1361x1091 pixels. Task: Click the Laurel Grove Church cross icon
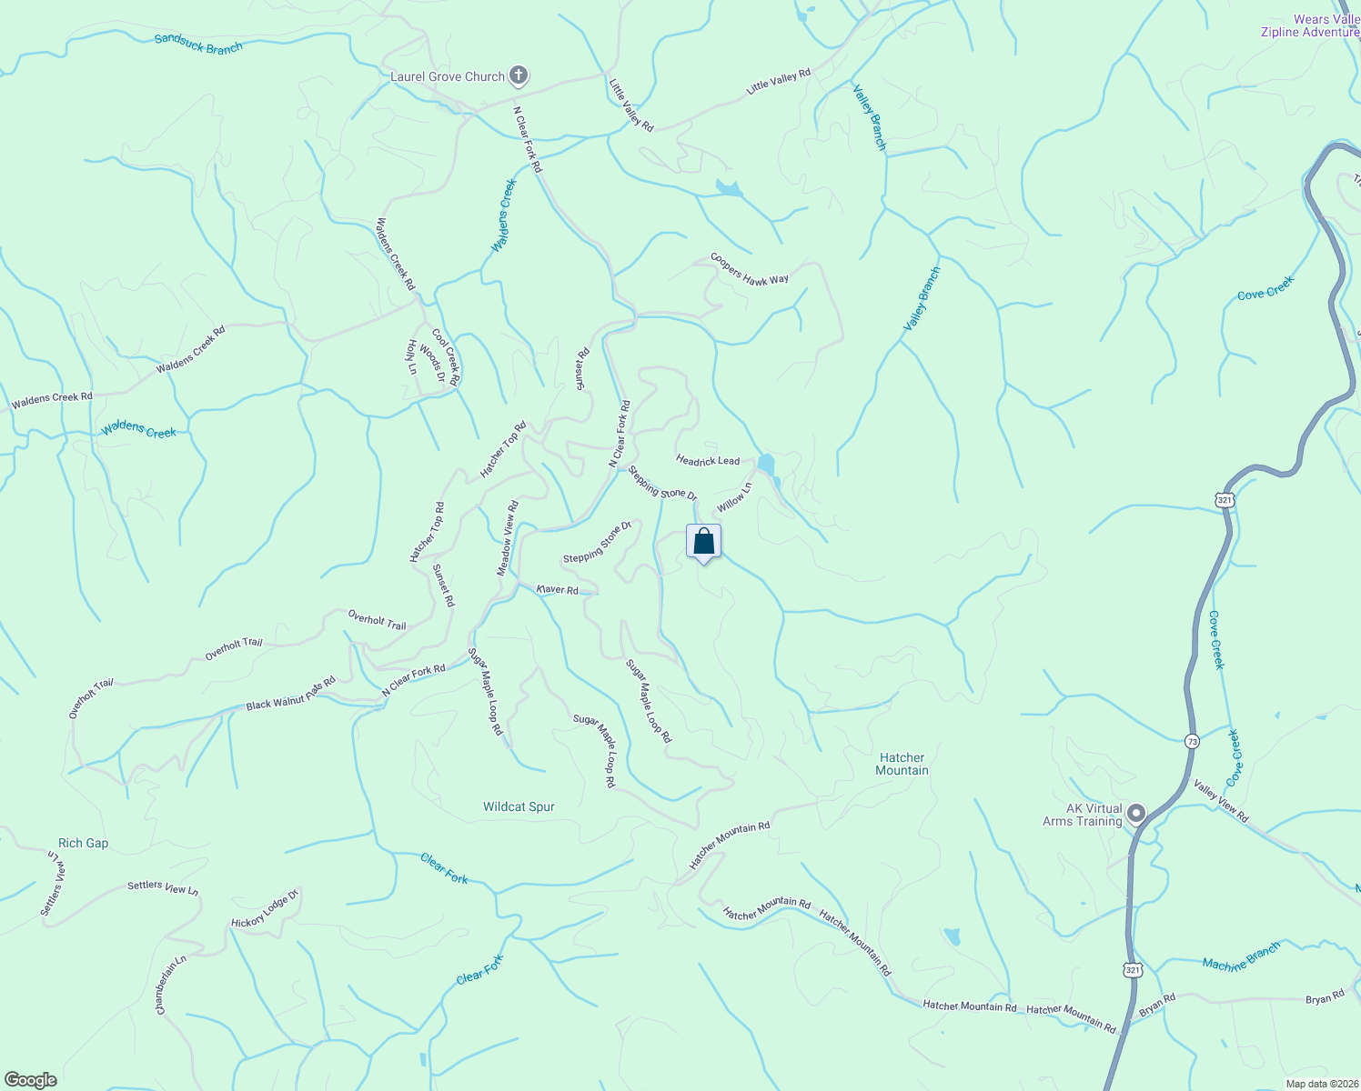(519, 75)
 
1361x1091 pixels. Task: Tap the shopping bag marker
(703, 542)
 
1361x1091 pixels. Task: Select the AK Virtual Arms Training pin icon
(1135, 814)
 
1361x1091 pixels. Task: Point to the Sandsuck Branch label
(198, 44)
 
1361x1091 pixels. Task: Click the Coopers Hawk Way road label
(750, 268)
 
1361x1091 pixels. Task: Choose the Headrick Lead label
(708, 461)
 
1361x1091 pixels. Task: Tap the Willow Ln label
(734, 497)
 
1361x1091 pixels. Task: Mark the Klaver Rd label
(558, 590)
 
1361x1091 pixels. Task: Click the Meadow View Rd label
(507, 538)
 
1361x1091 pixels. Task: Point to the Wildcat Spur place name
(519, 806)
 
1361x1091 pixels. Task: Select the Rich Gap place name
(83, 843)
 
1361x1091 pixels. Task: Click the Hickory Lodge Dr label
(265, 910)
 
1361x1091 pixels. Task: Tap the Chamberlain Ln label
(170, 985)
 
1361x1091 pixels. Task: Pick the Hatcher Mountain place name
(902, 764)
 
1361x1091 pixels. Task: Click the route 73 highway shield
(1192, 742)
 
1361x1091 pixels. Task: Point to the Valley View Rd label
(1221, 802)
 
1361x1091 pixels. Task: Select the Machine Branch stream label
(1241, 956)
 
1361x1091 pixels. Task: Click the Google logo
(30, 1080)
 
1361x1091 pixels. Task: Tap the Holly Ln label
(411, 357)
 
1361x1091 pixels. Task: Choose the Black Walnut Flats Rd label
(290, 694)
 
